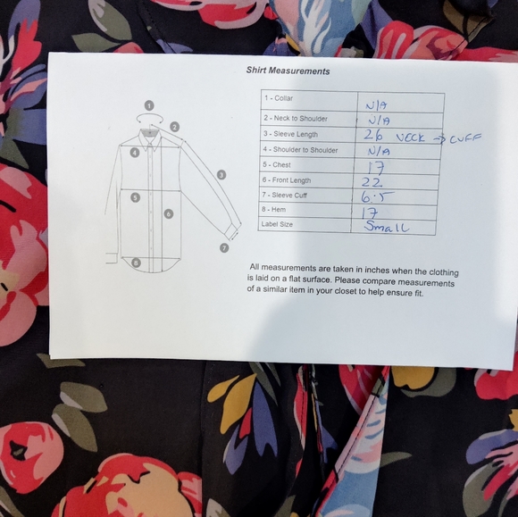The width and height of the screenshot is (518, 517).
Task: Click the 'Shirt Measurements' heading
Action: point(288,71)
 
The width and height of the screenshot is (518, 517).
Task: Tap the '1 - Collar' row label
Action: point(279,98)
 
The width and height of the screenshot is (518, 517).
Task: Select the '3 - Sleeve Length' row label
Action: point(290,134)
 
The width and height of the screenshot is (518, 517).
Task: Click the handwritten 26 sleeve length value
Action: point(373,135)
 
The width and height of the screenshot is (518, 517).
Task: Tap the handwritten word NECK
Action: point(410,138)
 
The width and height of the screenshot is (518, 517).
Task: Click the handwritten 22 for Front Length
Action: point(372,182)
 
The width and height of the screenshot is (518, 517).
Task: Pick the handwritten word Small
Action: point(387,227)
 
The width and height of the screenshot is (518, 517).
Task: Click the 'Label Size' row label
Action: point(277,224)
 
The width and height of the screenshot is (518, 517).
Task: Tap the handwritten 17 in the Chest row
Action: point(376,169)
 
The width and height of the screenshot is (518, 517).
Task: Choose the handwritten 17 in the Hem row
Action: point(370,213)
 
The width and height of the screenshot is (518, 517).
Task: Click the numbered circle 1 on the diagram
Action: point(149,105)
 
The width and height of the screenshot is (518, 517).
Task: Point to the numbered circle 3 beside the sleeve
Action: point(221,175)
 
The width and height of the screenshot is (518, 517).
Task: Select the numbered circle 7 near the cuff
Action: point(224,247)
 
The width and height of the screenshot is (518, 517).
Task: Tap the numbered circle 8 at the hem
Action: point(136,263)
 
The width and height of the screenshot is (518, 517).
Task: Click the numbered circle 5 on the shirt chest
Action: point(135,197)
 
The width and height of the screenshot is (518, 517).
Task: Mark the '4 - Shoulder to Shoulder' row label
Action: point(300,150)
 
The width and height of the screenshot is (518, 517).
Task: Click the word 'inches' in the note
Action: point(376,270)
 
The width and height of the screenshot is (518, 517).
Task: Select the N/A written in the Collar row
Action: point(376,105)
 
